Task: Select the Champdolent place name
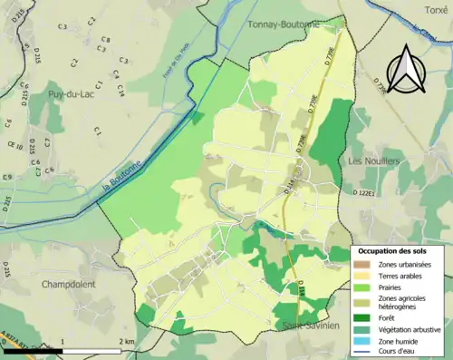click(x=70, y=284)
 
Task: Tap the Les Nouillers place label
click(x=374, y=161)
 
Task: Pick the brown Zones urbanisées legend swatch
click(x=361, y=264)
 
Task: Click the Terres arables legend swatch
click(x=361, y=275)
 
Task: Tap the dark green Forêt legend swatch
click(x=361, y=316)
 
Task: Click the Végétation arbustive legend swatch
click(x=361, y=327)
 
